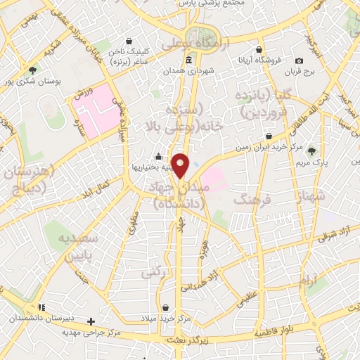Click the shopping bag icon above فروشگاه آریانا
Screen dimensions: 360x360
[x=260, y=49]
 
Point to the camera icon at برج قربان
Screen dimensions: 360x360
[x=300, y=61]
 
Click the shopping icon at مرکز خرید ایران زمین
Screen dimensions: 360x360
[x=269, y=136]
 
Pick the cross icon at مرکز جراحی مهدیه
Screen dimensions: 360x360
[x=91, y=321]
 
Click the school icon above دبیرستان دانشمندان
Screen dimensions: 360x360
[x=42, y=307]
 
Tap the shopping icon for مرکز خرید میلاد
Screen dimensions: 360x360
[x=165, y=308]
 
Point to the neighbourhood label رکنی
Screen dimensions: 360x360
[x=153, y=271]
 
